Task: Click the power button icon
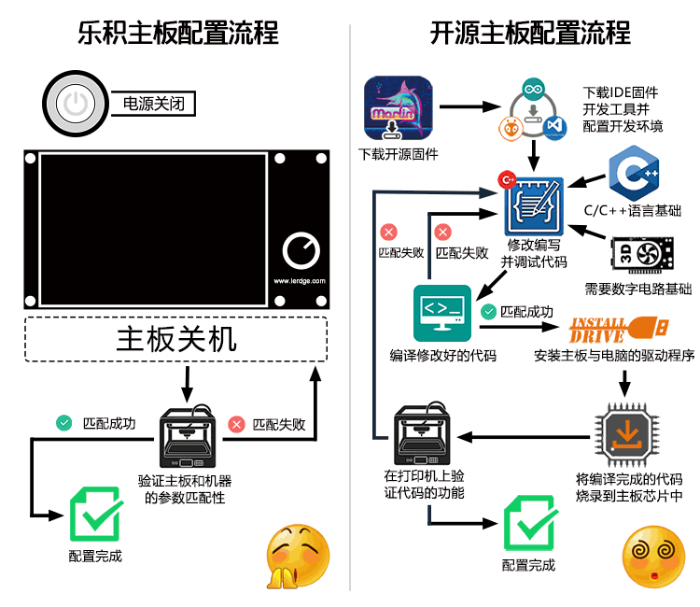pos(76,103)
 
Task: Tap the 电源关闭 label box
pos(153,104)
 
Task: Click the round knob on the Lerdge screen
pos(300,250)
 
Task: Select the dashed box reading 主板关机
pos(176,339)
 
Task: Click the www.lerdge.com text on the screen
pos(299,280)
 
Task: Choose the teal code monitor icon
pos(443,313)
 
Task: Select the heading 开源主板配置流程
pos(529,35)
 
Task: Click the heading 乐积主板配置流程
pos(177,35)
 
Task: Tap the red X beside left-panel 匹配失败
pos(237,424)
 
